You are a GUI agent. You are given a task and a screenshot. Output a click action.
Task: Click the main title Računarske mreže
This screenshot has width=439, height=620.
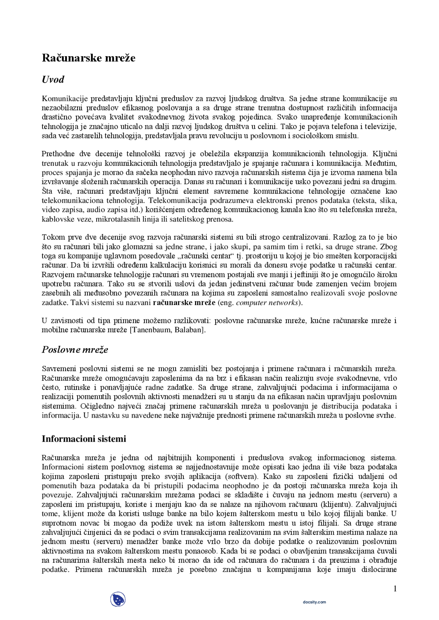tap(88, 58)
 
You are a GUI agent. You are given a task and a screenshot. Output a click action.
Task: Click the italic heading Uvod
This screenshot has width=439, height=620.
tap(53, 79)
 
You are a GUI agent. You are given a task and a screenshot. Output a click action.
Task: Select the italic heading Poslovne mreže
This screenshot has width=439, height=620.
tap(75, 350)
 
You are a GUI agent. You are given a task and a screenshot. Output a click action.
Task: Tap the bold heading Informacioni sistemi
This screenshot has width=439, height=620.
tap(84, 439)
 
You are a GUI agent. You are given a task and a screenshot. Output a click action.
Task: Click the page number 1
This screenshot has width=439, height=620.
tap(395, 589)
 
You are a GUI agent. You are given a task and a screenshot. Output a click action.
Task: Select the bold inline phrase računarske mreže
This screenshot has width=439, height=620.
tap(183, 303)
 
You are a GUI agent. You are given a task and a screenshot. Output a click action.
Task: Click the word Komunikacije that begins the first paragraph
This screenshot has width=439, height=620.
tap(64, 99)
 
